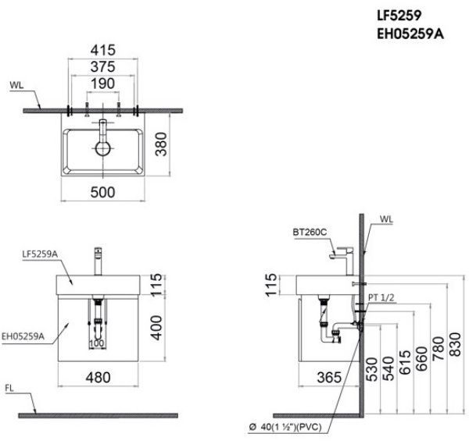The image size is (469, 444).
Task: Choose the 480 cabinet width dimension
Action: click(98, 377)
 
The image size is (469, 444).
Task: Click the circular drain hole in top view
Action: click(102, 148)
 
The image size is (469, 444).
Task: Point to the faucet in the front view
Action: click(98, 258)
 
